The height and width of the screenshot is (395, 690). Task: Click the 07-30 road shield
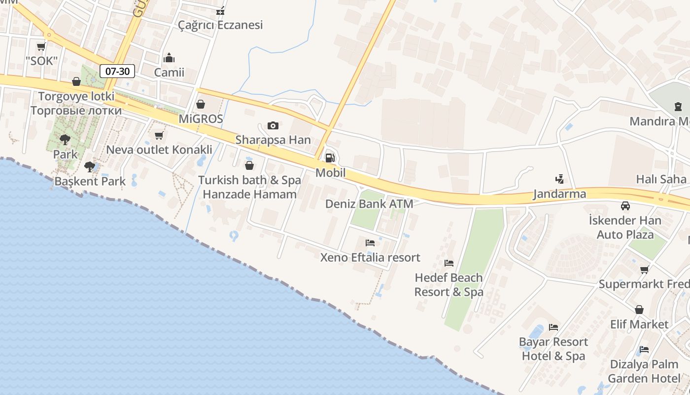(118, 71)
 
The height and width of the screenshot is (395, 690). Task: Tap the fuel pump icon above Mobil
(330, 158)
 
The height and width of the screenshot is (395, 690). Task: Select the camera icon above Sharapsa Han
(273, 125)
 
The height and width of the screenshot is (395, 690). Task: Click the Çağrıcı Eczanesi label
(220, 25)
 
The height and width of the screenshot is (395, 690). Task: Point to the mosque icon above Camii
(169, 58)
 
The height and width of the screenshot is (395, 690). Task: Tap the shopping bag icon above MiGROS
(201, 104)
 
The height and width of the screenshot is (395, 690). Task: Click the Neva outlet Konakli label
(159, 150)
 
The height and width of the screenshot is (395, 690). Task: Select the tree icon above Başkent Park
(89, 167)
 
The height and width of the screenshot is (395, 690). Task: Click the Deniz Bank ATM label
(369, 203)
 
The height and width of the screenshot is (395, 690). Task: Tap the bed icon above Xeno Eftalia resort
(370, 242)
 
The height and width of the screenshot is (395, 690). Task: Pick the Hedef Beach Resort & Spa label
(448, 285)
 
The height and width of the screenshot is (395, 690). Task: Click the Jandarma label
(559, 194)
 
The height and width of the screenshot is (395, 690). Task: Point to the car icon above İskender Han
(625, 206)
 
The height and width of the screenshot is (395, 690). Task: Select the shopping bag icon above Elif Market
(639, 310)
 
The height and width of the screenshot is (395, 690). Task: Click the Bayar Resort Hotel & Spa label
(553, 349)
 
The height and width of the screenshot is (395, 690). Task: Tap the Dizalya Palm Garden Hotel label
(644, 371)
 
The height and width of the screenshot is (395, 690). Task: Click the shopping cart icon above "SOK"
(41, 46)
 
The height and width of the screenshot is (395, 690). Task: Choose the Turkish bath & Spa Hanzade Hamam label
(249, 187)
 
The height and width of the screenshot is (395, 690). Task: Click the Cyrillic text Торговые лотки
(76, 110)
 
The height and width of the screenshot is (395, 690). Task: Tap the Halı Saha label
(661, 179)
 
